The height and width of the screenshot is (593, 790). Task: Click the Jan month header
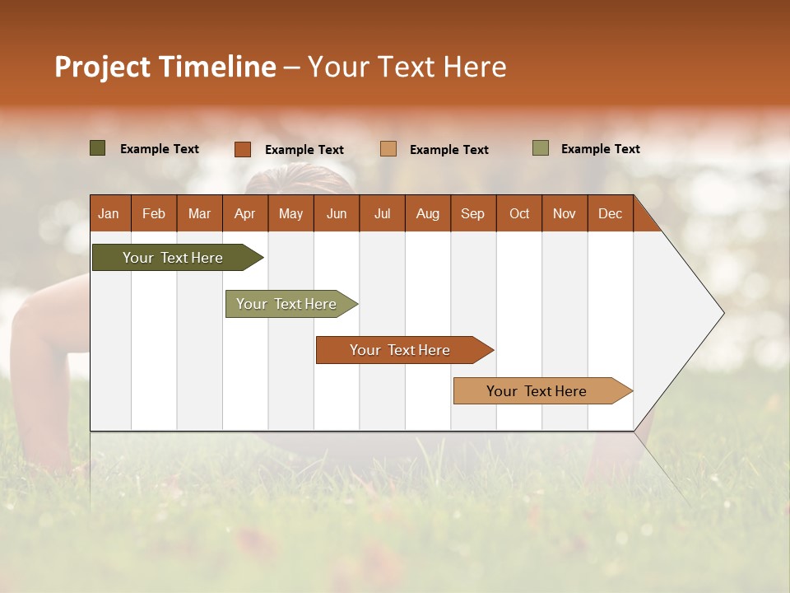click(x=109, y=213)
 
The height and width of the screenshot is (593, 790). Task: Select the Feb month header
click(x=154, y=213)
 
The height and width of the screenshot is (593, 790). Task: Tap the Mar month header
click(x=199, y=213)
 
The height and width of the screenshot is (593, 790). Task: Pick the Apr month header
click(x=245, y=213)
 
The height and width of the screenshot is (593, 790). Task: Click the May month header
click(x=290, y=213)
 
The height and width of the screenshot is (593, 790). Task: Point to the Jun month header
click(x=337, y=213)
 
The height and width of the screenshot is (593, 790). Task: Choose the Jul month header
click(x=382, y=213)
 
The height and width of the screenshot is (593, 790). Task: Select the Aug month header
click(x=428, y=213)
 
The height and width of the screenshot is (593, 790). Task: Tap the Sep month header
click(x=473, y=213)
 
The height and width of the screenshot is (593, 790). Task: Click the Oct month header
click(x=519, y=213)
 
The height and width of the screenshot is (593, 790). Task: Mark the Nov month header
click(x=565, y=213)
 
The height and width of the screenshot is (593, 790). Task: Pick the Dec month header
click(x=610, y=213)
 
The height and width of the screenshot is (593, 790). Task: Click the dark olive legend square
click(x=98, y=148)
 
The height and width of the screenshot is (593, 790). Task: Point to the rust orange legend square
click(x=243, y=149)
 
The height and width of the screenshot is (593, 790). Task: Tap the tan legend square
click(x=388, y=149)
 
